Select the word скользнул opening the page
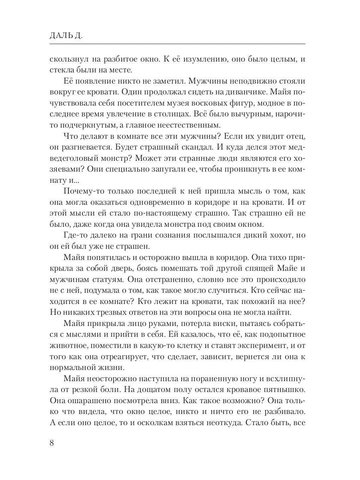69,59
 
